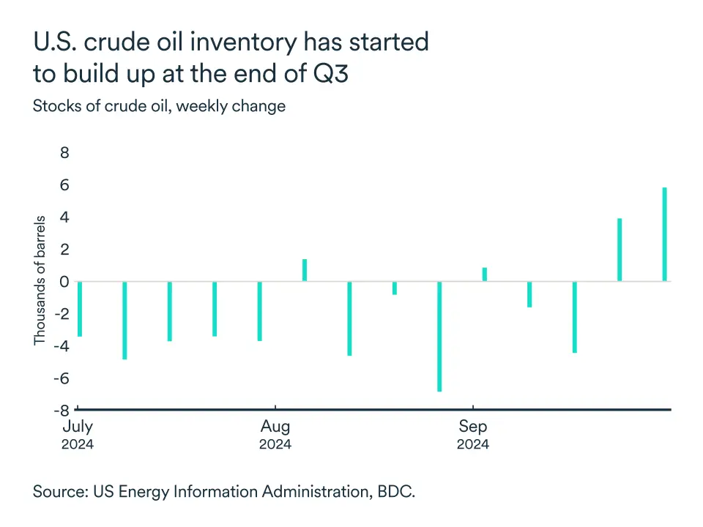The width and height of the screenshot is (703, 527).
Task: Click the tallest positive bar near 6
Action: (665, 234)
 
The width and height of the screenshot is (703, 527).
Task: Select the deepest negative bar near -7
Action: (439, 336)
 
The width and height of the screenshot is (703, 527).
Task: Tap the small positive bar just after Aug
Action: (305, 270)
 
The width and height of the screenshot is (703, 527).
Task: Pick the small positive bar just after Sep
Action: (485, 274)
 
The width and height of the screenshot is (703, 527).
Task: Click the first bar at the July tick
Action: (79, 309)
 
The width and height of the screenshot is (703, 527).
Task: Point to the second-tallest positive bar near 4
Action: (620, 250)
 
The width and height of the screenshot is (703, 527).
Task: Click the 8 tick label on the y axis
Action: (64, 153)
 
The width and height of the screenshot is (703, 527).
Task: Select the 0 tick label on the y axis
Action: (64, 282)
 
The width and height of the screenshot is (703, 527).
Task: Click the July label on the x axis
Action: (78, 427)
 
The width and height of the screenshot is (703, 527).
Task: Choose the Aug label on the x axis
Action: (275, 427)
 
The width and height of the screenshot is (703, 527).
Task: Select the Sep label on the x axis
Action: (473, 427)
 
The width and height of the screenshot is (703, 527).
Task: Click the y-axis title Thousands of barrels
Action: (40, 280)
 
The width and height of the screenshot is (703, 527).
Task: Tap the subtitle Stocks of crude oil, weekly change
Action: (159, 105)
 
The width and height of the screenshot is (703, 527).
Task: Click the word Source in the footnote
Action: (59, 491)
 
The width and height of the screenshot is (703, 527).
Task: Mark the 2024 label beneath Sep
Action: (473, 444)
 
